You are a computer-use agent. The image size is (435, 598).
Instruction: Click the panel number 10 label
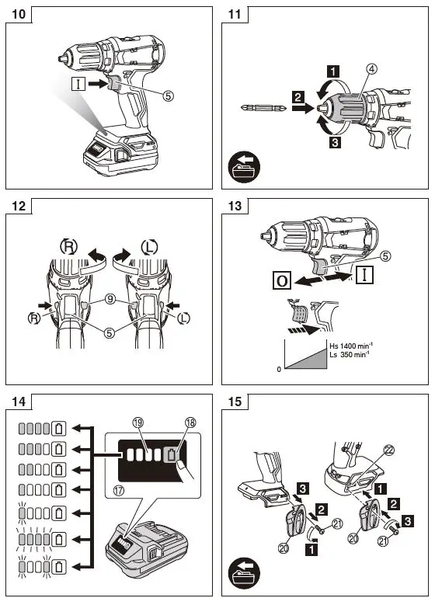(x=19, y=14)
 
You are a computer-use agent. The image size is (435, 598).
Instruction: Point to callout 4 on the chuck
(x=372, y=69)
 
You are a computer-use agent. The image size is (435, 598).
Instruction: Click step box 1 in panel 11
(x=332, y=71)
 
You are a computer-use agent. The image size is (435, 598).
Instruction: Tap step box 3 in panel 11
(x=332, y=143)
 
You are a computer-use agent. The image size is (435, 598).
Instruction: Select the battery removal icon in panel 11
(x=245, y=168)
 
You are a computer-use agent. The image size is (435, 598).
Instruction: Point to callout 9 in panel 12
(x=111, y=296)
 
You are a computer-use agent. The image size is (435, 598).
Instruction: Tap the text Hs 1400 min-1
(x=350, y=346)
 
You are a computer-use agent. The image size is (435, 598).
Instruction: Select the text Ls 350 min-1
(x=349, y=355)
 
